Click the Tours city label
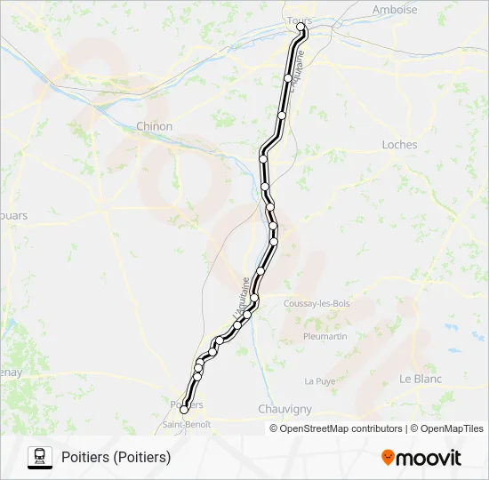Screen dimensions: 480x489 pos(296,19)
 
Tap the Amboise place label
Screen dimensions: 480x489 pos(395,11)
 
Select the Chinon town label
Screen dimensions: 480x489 pos(154,127)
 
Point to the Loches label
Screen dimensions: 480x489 pos(399,145)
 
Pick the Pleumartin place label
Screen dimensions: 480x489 pos(325,337)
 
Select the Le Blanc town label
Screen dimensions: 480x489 pos(421,379)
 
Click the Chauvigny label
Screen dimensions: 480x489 pos(284,409)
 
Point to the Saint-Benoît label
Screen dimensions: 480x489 pos(186,424)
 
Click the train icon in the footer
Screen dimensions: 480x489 pos(39,457)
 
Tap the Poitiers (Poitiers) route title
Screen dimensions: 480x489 pos(116,458)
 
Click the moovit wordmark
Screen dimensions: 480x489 pos(429,458)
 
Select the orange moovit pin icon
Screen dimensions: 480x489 pos(388,458)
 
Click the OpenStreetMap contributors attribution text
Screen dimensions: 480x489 pos(339,428)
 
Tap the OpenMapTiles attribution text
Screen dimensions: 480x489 pos(452,428)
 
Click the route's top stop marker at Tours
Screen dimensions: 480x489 pos(301,28)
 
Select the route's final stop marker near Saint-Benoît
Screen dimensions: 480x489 pos(184,410)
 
